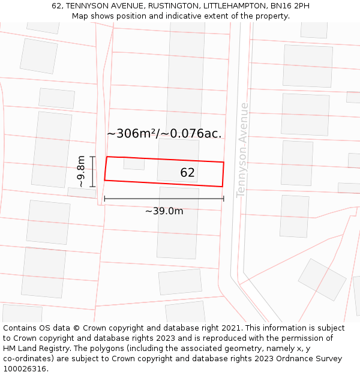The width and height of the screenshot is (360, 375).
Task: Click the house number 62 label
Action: (x=187, y=173)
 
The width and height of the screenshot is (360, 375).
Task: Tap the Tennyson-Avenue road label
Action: (x=242, y=149)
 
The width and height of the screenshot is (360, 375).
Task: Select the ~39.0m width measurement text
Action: (x=164, y=211)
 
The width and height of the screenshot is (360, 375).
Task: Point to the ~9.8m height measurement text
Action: (x=82, y=172)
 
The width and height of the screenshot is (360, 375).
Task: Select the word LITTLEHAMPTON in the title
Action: (x=235, y=5)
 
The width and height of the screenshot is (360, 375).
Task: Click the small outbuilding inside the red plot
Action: (x=134, y=163)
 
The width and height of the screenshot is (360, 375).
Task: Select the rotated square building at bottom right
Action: (x=322, y=280)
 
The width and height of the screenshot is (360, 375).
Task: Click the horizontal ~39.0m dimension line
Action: (x=164, y=199)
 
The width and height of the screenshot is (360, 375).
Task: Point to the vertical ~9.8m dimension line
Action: (x=92, y=172)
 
